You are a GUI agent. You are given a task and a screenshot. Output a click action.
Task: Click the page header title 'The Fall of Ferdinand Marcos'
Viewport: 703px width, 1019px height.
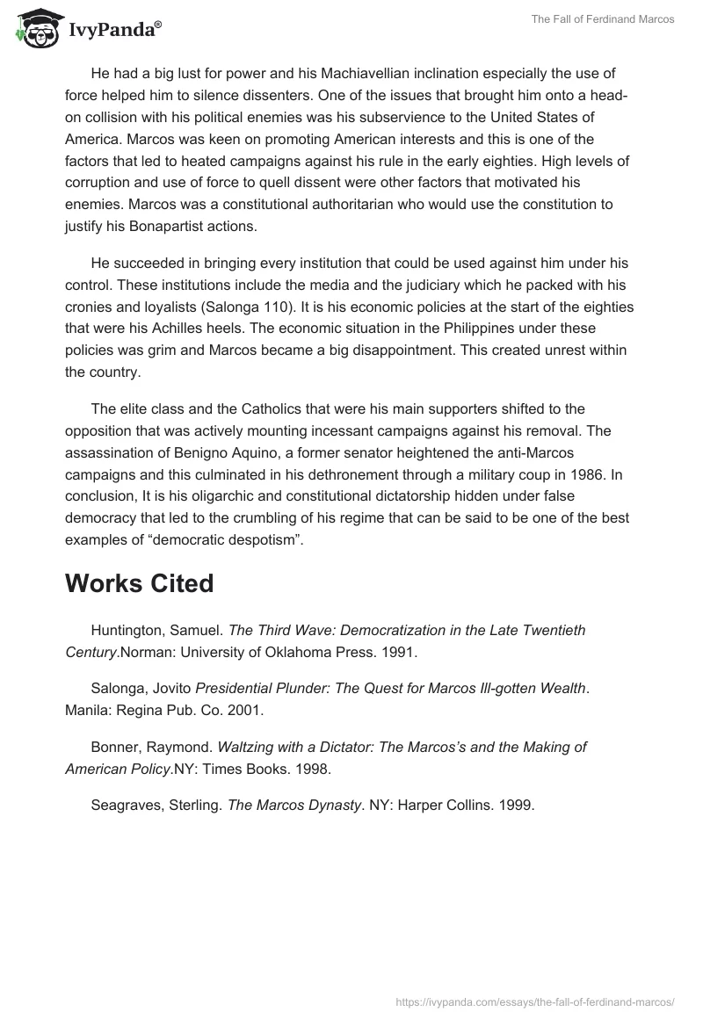click(x=603, y=19)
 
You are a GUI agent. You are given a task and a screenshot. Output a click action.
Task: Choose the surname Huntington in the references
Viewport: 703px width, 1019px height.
click(x=127, y=631)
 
